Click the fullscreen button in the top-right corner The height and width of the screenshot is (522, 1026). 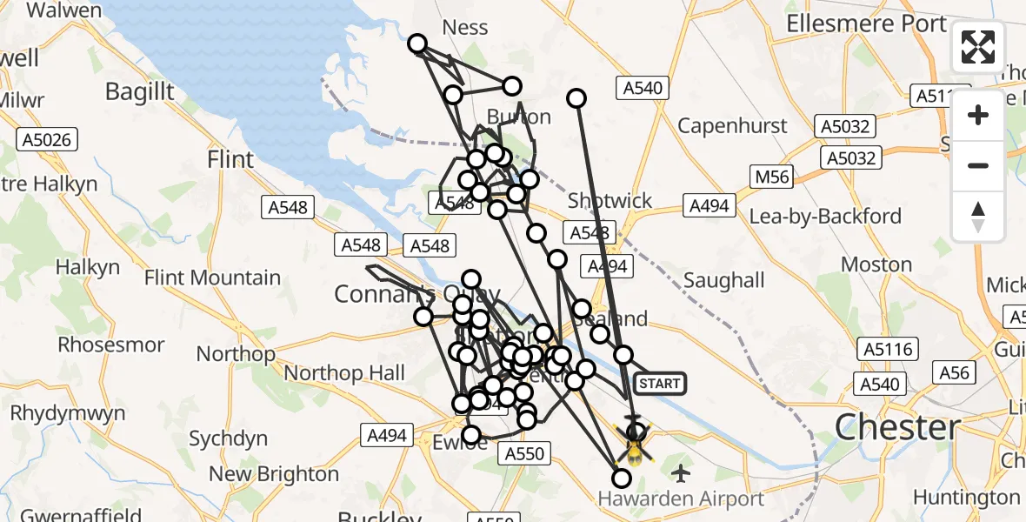[x=978, y=47]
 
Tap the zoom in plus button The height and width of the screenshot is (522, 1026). [x=978, y=115]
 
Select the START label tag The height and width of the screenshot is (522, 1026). [x=660, y=383]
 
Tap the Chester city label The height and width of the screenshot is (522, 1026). [x=897, y=428]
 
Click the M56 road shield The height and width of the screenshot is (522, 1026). [x=771, y=177]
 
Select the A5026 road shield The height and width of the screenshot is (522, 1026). [x=48, y=139]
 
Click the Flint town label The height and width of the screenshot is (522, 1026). [x=230, y=159]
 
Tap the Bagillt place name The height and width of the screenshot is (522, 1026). [x=139, y=91]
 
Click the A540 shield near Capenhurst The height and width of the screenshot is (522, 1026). [x=643, y=87]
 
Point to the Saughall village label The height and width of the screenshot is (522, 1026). [x=724, y=280]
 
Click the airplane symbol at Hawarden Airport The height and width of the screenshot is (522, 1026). [x=680, y=474]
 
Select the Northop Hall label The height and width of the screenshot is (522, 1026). [x=344, y=373]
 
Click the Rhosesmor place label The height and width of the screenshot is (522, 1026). [x=112, y=345]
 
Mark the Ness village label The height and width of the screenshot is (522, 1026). [x=465, y=27]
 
